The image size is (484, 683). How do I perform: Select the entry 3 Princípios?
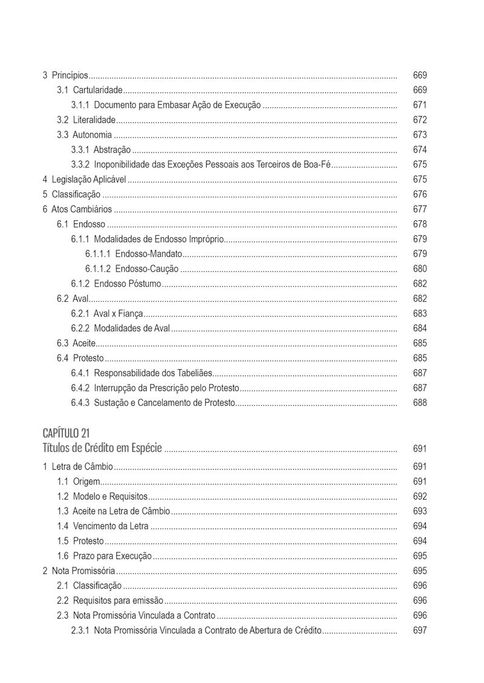pos(65,76)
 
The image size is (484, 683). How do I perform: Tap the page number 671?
pos(420,105)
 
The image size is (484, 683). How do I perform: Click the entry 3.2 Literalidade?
pos(86,120)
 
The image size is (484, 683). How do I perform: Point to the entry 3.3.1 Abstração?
pos(101,150)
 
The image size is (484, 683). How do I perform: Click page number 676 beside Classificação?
pos(420,195)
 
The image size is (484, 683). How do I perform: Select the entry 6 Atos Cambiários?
pos(77,209)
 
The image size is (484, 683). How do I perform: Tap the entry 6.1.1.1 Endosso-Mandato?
pos(133,254)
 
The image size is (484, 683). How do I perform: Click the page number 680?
pos(420,269)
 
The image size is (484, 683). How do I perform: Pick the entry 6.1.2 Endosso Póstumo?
pos(116,284)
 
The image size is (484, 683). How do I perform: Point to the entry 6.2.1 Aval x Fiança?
pos(107,313)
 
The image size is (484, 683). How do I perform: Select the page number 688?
pos(420,403)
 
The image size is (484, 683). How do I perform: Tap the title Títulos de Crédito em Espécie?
pos(102,448)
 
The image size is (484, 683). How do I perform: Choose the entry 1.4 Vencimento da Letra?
pos(103,526)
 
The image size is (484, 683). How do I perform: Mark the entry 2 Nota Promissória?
pos(79,571)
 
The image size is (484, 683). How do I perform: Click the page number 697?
pos(420,630)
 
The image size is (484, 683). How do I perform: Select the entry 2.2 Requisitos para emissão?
pos(110,601)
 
